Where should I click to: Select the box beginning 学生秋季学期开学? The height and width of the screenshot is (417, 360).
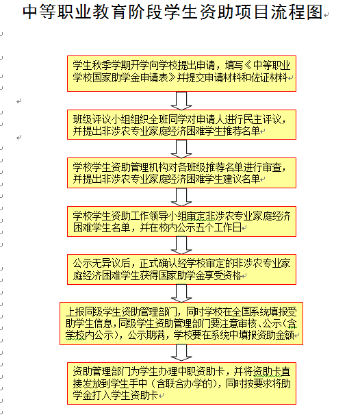pos(181,73)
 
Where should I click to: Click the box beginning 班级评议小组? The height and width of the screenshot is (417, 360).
pos(181,125)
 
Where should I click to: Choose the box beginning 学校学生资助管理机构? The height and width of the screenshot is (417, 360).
pos(181,173)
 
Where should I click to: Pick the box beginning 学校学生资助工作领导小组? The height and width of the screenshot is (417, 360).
pos(181,221)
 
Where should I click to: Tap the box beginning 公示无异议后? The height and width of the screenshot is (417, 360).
pos(181,269)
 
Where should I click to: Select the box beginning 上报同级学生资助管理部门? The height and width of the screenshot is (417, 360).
pos(181,323)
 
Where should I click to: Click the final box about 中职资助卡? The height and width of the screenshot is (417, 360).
pos(181,383)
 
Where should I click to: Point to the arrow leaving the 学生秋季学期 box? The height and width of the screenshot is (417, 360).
pos(181,101)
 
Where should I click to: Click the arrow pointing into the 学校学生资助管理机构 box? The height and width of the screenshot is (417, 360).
pos(181,149)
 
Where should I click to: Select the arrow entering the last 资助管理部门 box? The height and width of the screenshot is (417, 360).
pos(181,353)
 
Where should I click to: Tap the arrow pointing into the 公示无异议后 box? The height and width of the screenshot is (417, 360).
pos(181,245)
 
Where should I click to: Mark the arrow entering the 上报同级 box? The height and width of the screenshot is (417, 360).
pos(181,293)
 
